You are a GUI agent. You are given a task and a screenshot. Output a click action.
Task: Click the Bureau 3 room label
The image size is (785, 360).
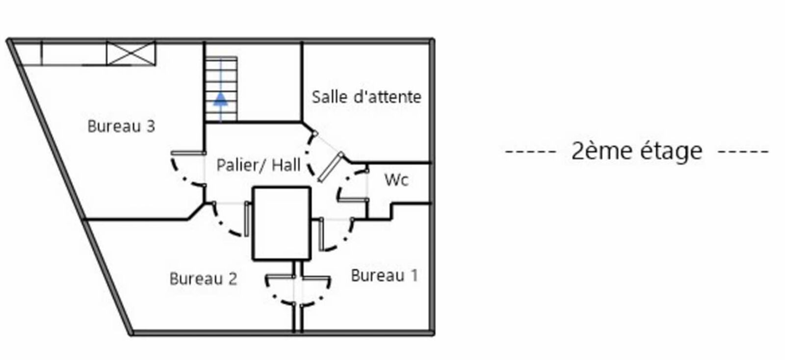(x=121, y=127)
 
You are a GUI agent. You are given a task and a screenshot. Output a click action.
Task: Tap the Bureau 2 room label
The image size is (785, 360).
(x=203, y=279)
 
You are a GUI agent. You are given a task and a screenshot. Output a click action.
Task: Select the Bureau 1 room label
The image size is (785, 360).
(x=385, y=276)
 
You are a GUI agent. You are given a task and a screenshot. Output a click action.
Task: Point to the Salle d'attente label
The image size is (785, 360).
(x=366, y=97)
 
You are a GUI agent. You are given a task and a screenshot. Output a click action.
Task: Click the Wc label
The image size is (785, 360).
(x=396, y=180)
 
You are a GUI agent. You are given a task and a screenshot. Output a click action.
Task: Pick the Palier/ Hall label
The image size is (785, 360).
(x=259, y=165)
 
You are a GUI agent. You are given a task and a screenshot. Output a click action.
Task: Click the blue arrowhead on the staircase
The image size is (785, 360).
(x=221, y=99)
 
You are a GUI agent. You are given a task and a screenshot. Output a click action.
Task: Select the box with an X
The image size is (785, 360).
(x=131, y=53)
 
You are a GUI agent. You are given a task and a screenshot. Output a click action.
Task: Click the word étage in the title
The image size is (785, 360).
(x=672, y=151)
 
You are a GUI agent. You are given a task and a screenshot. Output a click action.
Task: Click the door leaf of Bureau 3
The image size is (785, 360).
(x=188, y=153)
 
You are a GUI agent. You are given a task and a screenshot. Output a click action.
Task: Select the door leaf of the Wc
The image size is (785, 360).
(x=353, y=200)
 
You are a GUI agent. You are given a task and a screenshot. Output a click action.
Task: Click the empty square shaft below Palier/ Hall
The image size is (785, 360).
(x=282, y=224)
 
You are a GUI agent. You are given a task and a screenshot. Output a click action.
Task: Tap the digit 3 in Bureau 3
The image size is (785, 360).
(x=151, y=127)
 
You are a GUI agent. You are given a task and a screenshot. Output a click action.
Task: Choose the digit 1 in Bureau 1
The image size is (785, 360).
(x=415, y=276)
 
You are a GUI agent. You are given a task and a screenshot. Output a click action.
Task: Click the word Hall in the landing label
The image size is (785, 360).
(x=287, y=165)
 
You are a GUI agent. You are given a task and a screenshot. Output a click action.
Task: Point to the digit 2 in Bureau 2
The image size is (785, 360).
(x=233, y=279)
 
